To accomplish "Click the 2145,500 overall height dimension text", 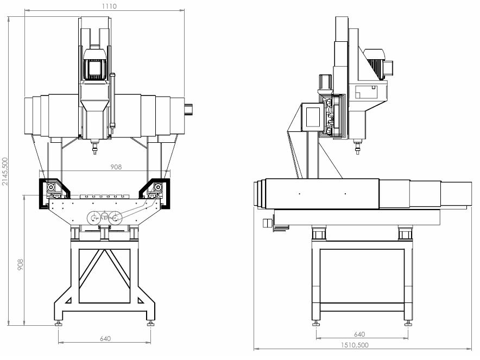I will coord(5,172).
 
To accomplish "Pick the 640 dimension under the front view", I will coord(105,339).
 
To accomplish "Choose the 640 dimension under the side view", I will coord(359,334).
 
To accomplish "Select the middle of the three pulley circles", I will coord(105,217).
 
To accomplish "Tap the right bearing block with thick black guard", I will coord(157,188).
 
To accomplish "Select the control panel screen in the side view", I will coord(314,116).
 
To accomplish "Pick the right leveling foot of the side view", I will coord(407,324).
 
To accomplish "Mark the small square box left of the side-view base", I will coord(266,223).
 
